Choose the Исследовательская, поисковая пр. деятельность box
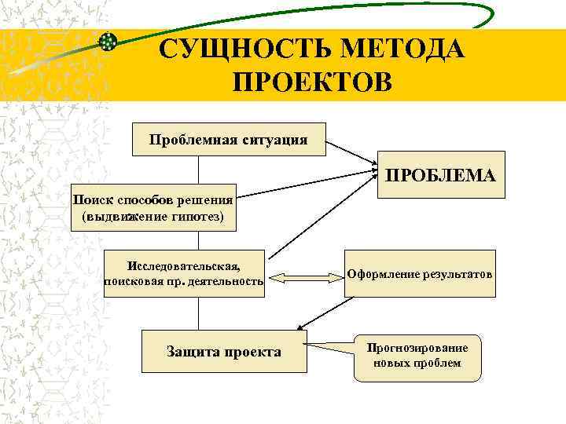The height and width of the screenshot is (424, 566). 184,274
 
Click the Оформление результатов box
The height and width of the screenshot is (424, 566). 420,275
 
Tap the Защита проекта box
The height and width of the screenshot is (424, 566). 223,351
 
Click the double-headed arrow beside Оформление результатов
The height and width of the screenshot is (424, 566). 303,276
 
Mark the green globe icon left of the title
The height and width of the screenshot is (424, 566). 108,42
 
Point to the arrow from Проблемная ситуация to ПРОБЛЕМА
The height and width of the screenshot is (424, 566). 351,153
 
